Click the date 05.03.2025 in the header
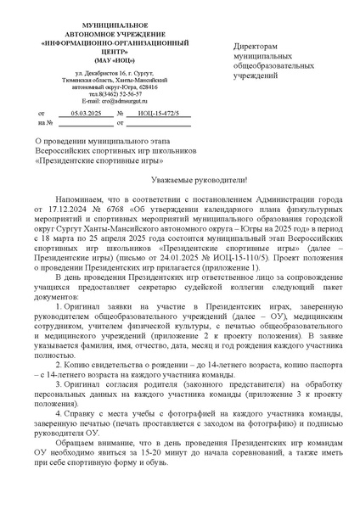pos(86,112)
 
